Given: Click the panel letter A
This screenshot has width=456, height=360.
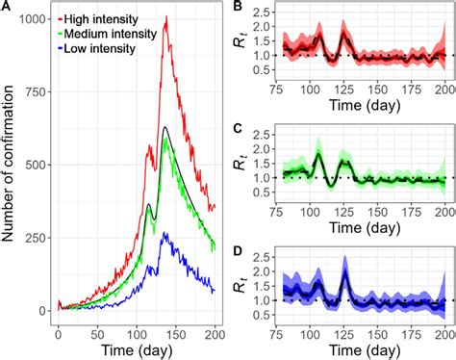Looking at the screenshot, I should pyautogui.click(x=8, y=7).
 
